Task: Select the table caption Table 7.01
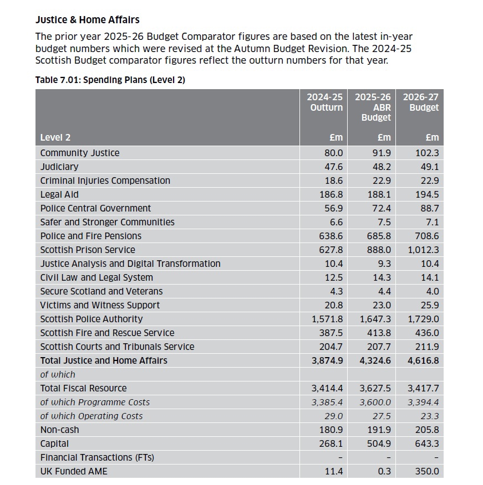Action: click(110, 80)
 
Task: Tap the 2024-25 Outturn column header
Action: click(325, 102)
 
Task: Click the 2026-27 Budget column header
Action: click(421, 102)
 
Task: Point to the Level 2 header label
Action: click(55, 137)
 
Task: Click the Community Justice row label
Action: click(80, 153)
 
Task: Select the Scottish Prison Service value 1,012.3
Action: click(423, 250)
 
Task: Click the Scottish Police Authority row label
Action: click(91, 319)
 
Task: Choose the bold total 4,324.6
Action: click(375, 360)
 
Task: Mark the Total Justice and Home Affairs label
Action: click(104, 360)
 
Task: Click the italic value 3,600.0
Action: click(376, 402)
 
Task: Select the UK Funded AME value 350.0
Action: click(427, 471)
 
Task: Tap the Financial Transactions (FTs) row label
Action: click(97, 457)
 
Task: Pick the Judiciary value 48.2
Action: click(380, 167)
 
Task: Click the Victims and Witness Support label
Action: click(100, 305)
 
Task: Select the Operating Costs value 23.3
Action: click(430, 416)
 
